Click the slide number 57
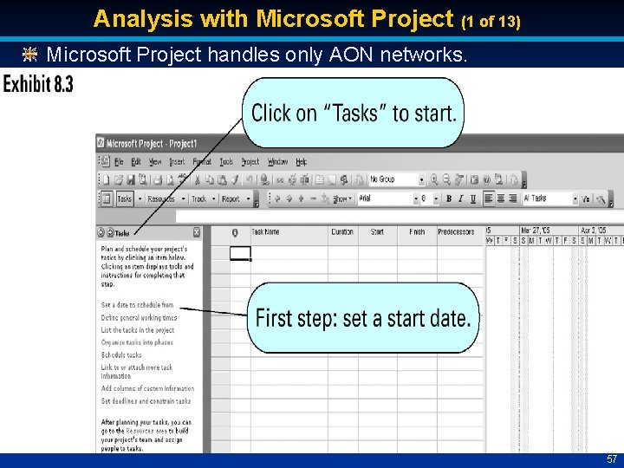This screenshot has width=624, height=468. tap(612, 459)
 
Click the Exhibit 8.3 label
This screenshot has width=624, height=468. tap(39, 85)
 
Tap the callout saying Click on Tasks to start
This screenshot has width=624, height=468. tap(353, 113)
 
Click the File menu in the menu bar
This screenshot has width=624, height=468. tap(115, 162)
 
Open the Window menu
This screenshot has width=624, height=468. tap(277, 162)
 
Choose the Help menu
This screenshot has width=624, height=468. tap(302, 162)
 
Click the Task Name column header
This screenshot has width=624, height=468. tap(266, 232)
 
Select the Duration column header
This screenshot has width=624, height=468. tap(342, 232)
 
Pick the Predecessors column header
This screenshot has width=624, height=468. tap(456, 232)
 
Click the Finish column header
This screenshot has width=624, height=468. tap(417, 232)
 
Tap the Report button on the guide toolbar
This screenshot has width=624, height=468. tap(231, 198)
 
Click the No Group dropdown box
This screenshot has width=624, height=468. tap(395, 179)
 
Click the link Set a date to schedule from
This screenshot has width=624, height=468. tap(137, 305)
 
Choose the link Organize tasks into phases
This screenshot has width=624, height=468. tap(137, 342)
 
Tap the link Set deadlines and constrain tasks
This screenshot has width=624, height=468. tap(146, 401)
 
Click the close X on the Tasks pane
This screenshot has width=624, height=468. tap(197, 232)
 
